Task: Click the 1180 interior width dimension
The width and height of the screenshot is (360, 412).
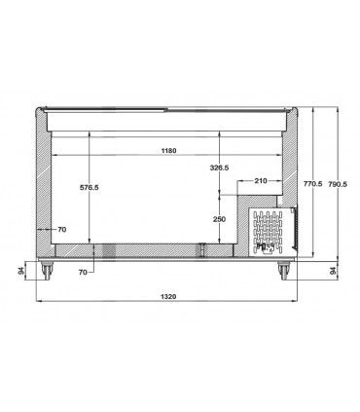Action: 168,151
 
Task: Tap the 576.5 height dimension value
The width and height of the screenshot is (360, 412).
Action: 90,187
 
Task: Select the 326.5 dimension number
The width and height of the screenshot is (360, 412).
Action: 219,168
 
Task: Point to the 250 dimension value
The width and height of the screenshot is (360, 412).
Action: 219,219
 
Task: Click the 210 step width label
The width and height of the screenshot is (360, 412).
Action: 261,181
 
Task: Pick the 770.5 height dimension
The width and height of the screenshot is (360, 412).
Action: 312,184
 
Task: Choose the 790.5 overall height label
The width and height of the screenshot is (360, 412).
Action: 338,184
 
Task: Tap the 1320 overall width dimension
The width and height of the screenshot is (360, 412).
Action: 168,296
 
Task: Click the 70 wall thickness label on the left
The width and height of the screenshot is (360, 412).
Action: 62,230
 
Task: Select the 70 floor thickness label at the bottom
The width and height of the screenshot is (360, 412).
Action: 83,272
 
